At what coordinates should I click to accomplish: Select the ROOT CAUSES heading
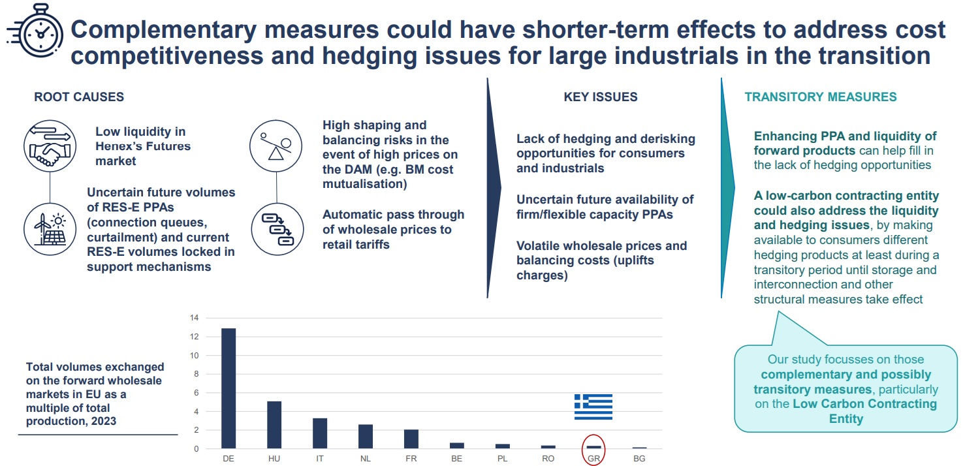[x=79, y=97]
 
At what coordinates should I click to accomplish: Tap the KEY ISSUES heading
[x=601, y=97]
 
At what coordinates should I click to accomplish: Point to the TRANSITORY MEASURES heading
[x=821, y=97]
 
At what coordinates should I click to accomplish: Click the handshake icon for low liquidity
[x=50, y=146]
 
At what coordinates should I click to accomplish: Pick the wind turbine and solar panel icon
[x=50, y=229]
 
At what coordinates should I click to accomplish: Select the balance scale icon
[x=276, y=146]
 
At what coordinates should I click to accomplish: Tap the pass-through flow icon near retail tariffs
[x=277, y=229]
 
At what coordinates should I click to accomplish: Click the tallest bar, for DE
[x=229, y=388]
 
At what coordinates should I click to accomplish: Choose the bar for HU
[x=274, y=425]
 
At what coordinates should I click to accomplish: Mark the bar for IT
[x=320, y=433]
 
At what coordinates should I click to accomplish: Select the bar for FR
[x=411, y=439]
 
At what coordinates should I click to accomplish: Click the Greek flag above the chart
[x=593, y=407]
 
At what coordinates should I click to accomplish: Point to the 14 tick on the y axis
[x=195, y=318]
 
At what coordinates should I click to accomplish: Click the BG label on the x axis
[x=639, y=459]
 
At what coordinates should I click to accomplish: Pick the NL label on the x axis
[x=366, y=459]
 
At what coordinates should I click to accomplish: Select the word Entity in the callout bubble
[x=846, y=419]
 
